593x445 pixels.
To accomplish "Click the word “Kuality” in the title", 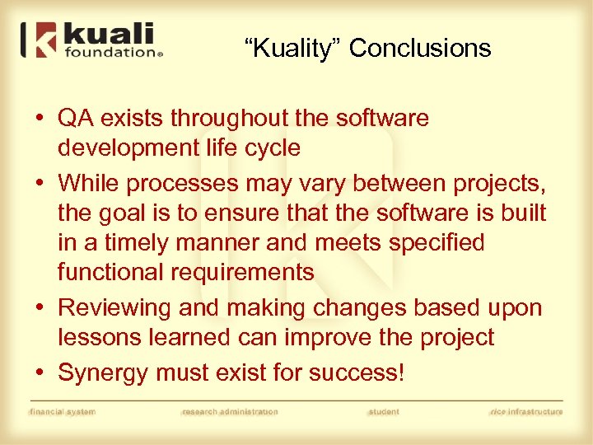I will tap(293, 49).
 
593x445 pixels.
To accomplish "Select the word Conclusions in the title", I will tap(420, 49).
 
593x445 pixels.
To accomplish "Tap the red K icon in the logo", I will tap(47, 40).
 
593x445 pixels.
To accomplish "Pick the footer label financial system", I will tap(63, 412).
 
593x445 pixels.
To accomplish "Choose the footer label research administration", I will tap(230, 412).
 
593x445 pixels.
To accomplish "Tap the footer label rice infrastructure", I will tap(525, 412).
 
